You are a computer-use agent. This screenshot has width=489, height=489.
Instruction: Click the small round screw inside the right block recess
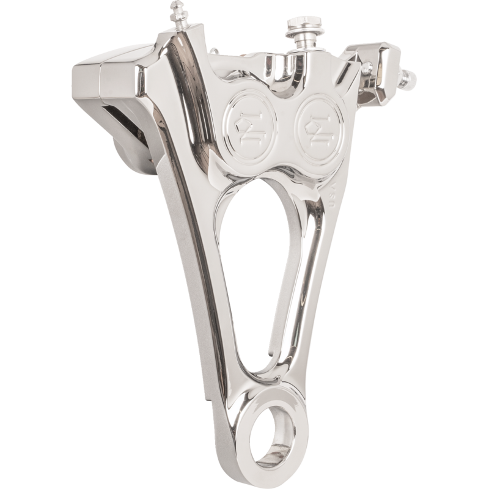coord(369,72)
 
